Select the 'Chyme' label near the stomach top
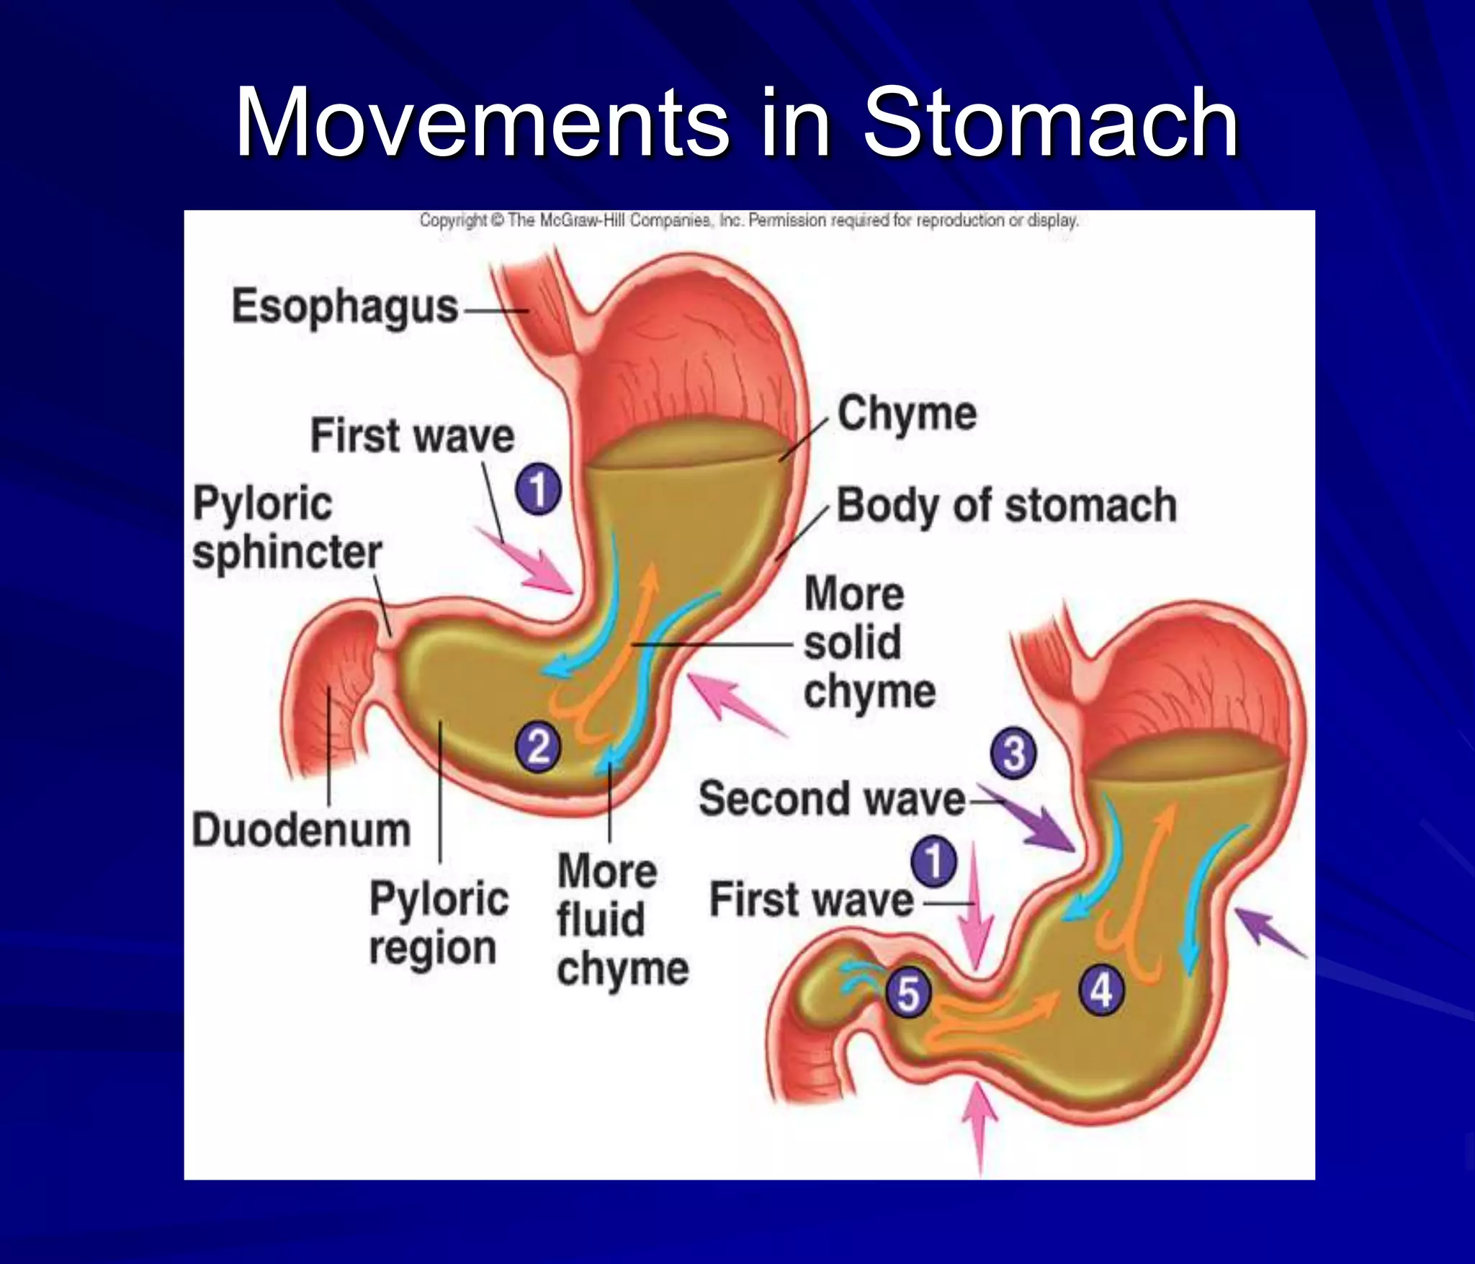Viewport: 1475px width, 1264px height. point(907,414)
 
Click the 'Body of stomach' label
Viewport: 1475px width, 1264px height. point(1006,506)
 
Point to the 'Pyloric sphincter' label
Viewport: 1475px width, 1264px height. point(287,528)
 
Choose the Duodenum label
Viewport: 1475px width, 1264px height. point(301,830)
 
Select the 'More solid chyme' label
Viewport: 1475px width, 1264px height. point(869,642)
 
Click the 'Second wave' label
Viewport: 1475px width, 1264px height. point(832,799)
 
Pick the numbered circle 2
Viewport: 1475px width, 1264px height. point(538,747)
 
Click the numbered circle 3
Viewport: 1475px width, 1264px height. point(1014,753)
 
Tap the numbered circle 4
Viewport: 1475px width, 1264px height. point(1101,992)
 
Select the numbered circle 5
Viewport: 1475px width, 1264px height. point(908,994)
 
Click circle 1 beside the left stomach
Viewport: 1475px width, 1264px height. point(538,490)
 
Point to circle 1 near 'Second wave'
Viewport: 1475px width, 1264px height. point(934,861)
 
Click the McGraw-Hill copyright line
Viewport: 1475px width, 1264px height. point(749,220)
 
